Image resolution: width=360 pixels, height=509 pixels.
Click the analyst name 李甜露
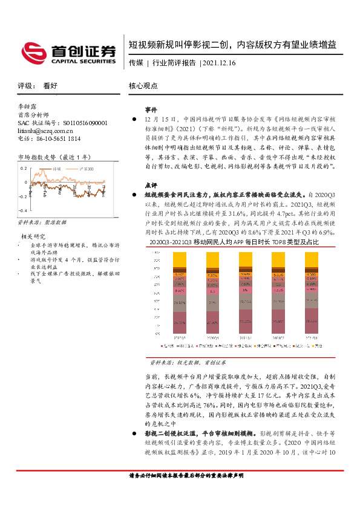[27, 106]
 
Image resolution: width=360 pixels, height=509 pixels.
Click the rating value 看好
[50, 86]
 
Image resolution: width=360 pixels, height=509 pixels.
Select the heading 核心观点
[143, 86]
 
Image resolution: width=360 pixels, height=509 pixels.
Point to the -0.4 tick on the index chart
[23, 210]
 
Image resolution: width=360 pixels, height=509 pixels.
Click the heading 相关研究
[34, 236]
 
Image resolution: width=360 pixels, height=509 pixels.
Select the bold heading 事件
[151, 111]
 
